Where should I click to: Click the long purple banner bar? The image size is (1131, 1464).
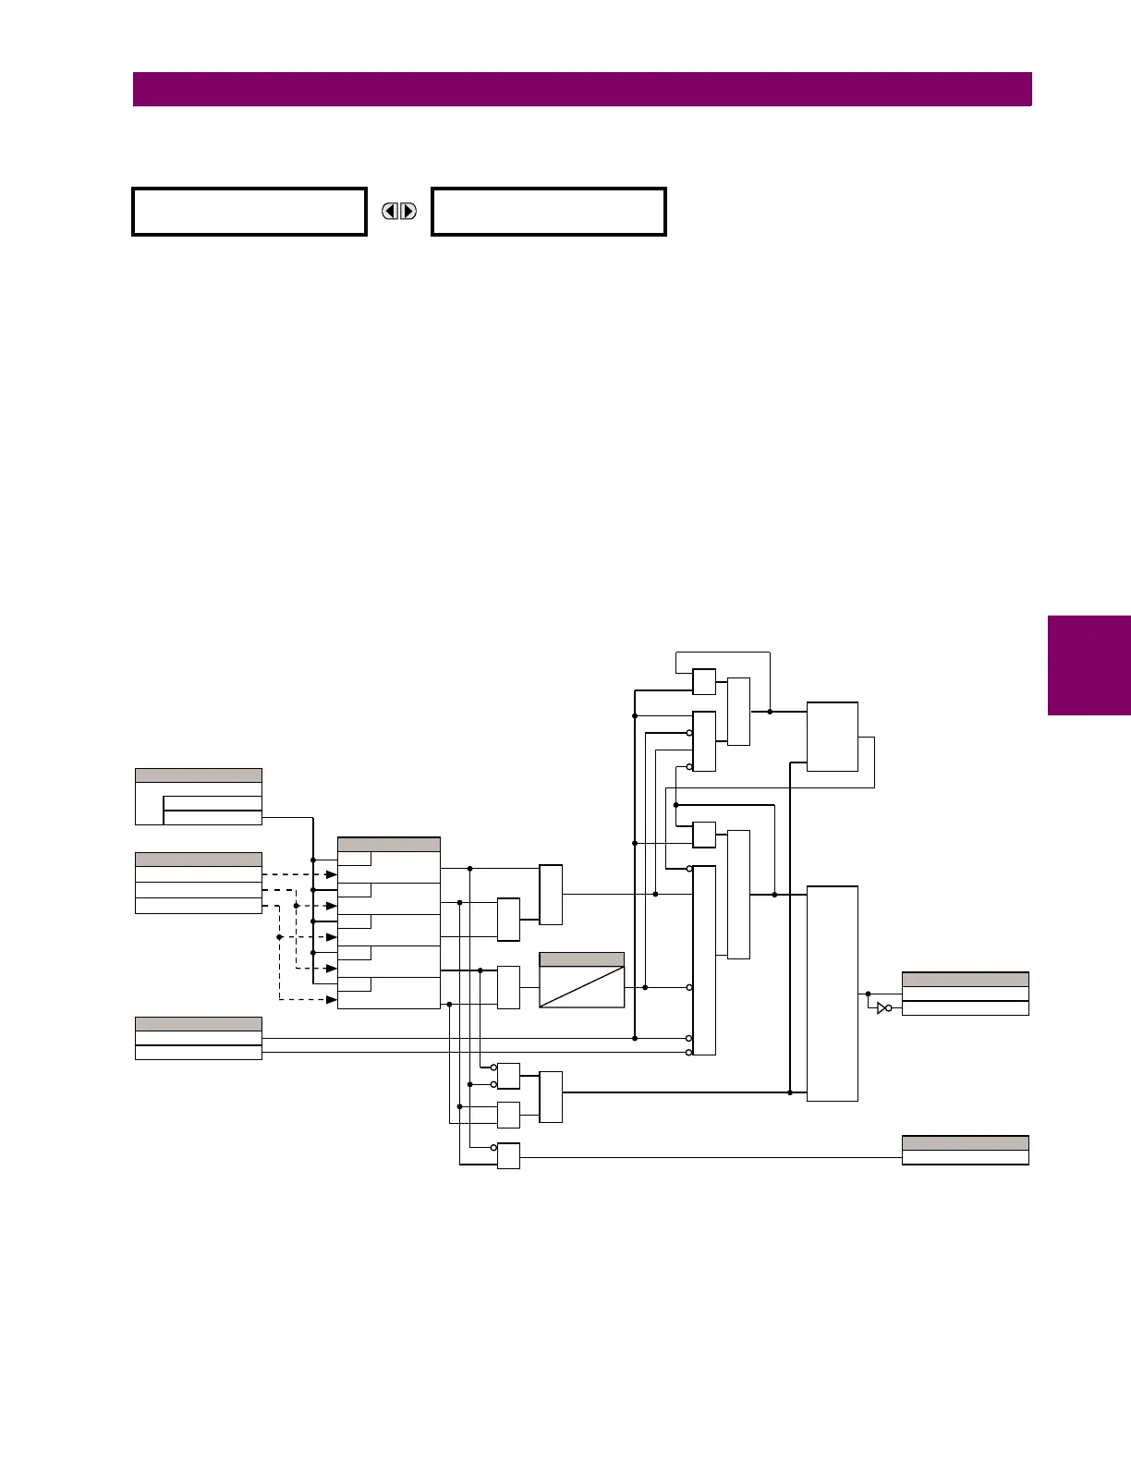582,90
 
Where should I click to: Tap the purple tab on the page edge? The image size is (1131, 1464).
1089,665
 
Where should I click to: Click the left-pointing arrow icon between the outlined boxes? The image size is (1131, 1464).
391,212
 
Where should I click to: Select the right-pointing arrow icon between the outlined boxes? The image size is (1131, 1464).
407,212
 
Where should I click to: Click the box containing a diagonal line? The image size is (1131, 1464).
581,987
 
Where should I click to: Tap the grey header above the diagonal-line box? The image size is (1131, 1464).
581,959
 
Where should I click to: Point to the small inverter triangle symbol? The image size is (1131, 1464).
882,1007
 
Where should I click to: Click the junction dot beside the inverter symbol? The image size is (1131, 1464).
868,994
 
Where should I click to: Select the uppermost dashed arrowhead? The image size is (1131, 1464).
332,874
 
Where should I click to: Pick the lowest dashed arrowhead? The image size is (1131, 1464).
332,1000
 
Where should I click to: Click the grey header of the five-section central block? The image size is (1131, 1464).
389,844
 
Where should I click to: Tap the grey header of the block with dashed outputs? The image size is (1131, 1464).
199,859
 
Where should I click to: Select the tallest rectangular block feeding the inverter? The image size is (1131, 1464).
833,994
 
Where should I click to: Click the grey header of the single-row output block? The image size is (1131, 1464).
965,1142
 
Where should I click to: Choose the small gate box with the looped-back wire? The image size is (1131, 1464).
704,681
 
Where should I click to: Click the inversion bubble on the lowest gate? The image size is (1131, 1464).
493,1148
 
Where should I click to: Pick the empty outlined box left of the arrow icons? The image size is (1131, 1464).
249,212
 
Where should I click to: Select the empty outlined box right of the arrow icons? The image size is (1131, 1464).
549,212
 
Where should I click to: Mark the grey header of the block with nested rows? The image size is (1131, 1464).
199,775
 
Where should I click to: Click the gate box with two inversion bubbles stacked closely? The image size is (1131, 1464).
508,1076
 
